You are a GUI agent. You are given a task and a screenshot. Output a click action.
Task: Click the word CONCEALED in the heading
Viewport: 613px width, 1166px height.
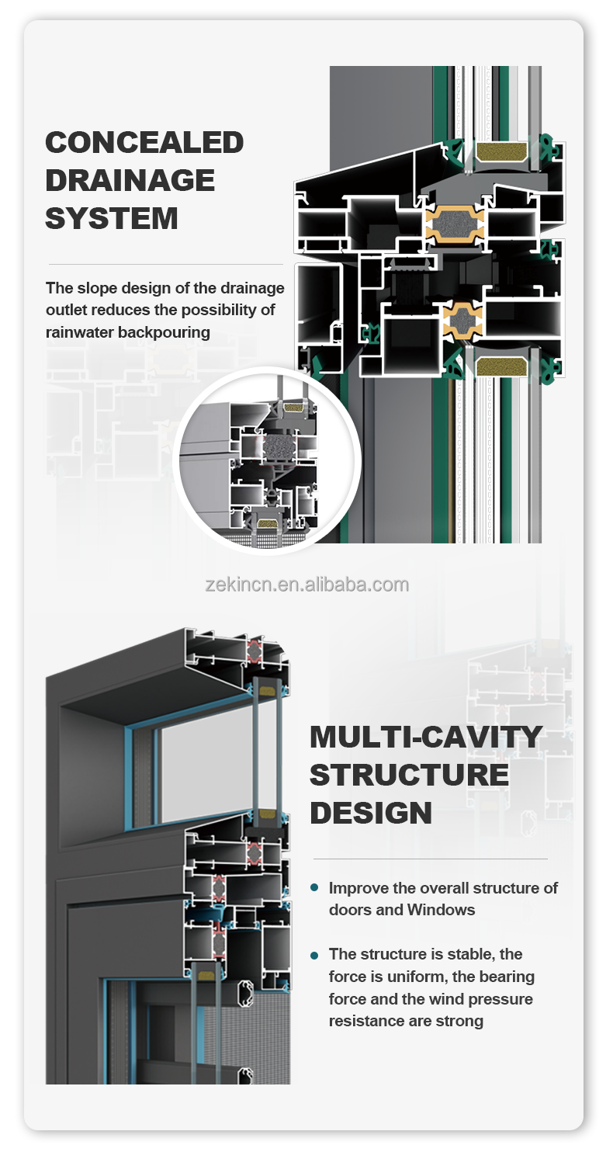144,142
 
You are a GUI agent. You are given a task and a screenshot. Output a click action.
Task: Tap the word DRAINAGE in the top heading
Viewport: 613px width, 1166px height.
130,180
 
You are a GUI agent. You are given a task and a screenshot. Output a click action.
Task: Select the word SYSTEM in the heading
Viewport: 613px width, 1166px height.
112,218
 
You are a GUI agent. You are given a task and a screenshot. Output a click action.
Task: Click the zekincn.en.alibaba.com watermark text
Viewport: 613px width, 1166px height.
307,585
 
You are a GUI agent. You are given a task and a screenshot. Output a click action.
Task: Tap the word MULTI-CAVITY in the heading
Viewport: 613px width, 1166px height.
426,737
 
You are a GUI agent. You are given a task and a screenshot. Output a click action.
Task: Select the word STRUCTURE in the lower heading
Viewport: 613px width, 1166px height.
409,775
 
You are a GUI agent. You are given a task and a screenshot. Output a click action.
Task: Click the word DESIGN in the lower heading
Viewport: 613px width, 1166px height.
371,813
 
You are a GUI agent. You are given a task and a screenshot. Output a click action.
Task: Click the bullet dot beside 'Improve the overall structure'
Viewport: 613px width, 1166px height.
313,887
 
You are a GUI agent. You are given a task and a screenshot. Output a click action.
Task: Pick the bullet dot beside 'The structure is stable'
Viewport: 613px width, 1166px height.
313,955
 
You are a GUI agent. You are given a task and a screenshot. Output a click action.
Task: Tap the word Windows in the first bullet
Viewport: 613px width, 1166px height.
442,909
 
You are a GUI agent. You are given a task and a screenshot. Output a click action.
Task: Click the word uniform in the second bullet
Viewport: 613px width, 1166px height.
410,977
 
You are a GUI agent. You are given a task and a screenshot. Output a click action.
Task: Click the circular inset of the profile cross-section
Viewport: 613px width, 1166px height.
267,461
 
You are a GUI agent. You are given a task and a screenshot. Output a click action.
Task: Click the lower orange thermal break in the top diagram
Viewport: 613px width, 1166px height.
462,318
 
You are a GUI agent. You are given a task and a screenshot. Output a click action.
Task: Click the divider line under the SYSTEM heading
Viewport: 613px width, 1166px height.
165,265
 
